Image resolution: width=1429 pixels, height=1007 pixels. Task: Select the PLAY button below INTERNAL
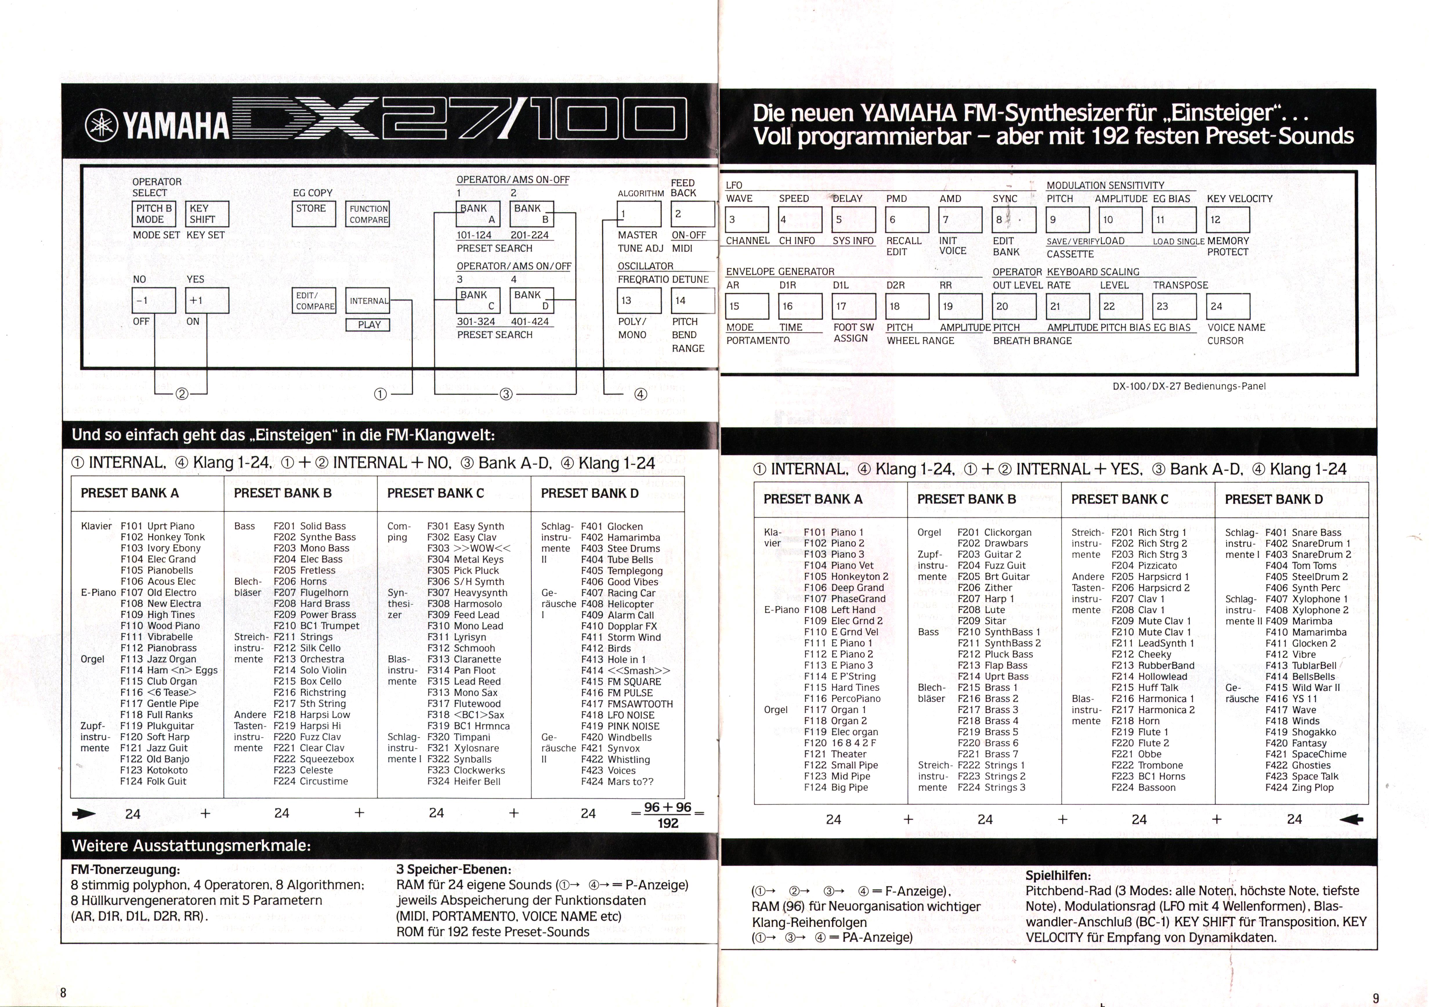[369, 325]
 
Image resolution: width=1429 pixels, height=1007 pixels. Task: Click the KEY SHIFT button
[207, 214]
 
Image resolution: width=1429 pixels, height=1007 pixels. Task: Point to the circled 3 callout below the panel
[506, 394]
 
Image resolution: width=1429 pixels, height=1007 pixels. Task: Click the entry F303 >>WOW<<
[469, 548]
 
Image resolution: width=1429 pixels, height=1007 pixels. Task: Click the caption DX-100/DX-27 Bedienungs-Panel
[1189, 386]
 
